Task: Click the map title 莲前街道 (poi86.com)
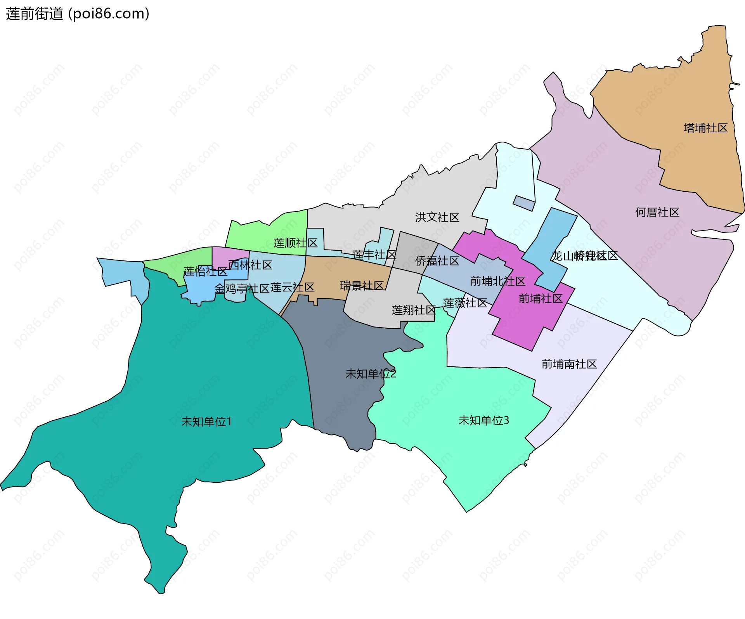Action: (78, 14)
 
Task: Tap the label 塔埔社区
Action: (705, 128)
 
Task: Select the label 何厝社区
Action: (657, 212)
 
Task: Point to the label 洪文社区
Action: (437, 217)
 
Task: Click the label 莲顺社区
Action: (295, 243)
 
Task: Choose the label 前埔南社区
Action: (569, 364)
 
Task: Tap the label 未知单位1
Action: (206, 421)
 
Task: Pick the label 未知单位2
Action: (371, 374)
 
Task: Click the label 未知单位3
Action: (483, 420)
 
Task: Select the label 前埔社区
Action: (541, 298)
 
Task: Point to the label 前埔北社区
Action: (497, 281)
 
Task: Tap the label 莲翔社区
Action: (414, 310)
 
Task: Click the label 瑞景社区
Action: (362, 286)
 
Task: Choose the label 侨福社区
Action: (437, 261)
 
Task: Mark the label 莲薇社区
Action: (465, 303)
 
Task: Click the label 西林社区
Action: (250, 265)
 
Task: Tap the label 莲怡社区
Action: (205, 271)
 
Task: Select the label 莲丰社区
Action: (374, 255)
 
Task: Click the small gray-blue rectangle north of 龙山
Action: (524, 203)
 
